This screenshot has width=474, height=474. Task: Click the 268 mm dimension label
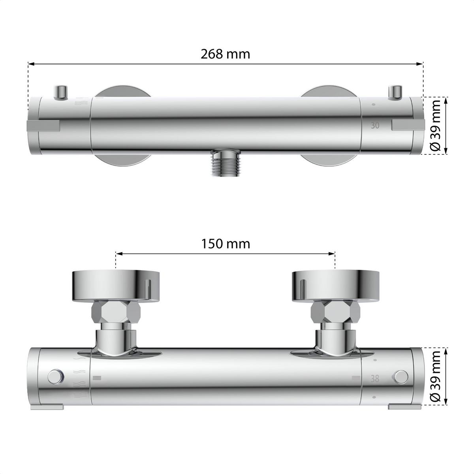226,54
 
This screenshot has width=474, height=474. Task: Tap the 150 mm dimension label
226,244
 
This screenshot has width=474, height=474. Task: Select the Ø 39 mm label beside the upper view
436,125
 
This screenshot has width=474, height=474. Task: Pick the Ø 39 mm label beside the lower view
436,376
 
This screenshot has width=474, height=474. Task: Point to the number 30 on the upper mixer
375,126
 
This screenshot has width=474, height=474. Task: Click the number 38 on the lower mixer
375,378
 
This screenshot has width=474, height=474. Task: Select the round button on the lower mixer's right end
401,376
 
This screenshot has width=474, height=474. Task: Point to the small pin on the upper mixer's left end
61,92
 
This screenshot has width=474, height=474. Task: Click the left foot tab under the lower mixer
47,406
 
